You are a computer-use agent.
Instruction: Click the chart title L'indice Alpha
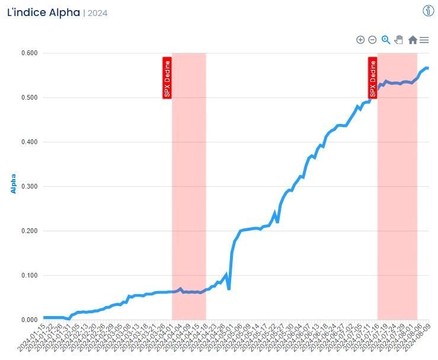[x=43, y=12]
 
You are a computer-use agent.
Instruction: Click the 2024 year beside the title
[x=97, y=13]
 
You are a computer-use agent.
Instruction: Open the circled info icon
[x=429, y=11]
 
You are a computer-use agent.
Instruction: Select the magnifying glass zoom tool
[x=386, y=40]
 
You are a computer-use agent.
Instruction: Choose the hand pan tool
[x=399, y=40]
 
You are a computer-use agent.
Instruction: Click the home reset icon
[x=413, y=40]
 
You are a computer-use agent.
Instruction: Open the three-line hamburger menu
[x=424, y=40]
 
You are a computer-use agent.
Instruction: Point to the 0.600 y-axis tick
[x=29, y=53]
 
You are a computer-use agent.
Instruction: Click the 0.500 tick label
[x=29, y=98]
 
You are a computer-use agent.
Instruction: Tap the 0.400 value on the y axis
[x=29, y=142]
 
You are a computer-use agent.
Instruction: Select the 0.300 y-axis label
[x=29, y=187]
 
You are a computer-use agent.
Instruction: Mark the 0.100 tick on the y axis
[x=29, y=276]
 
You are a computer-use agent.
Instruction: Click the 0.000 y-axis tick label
[x=29, y=320]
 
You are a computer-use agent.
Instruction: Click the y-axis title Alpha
[x=13, y=184]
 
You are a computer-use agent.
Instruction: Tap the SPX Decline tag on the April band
[x=167, y=78]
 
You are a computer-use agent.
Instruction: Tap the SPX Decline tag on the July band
[x=373, y=78]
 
